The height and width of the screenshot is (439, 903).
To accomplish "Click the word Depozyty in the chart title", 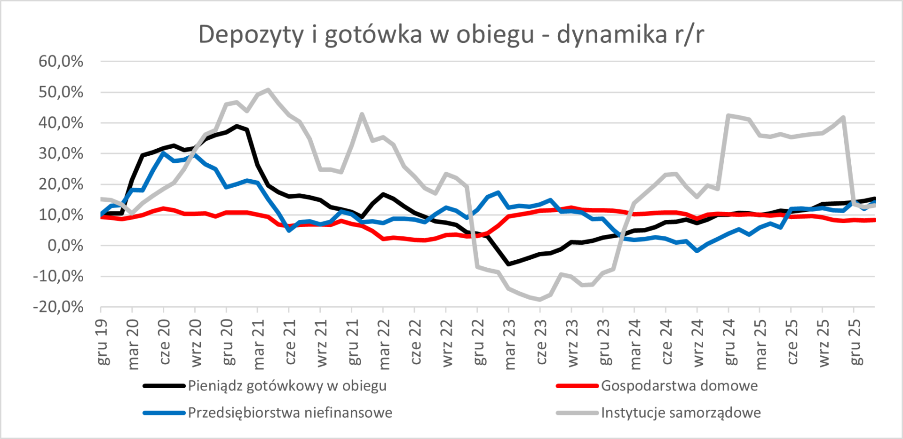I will pyautogui.click(x=251, y=35).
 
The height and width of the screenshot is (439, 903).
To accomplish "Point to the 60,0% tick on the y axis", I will pyautogui.click(x=61, y=61).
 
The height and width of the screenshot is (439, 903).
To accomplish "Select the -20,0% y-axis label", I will pyautogui.click(x=58, y=307).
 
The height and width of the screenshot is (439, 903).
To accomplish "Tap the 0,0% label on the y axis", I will pyautogui.click(x=65, y=245).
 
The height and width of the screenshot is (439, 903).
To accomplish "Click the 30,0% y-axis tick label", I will pyautogui.click(x=61, y=153).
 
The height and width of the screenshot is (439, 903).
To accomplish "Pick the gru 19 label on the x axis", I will pyautogui.click(x=102, y=342).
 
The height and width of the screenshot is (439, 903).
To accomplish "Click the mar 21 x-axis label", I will pyautogui.click(x=259, y=344).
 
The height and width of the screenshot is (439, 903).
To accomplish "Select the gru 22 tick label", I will pyautogui.click(x=479, y=342).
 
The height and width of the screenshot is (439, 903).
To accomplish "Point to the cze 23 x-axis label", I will pyautogui.click(x=541, y=342).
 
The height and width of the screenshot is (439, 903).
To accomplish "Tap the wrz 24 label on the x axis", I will pyautogui.click(x=698, y=343).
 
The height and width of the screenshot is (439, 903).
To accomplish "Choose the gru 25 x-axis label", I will pyautogui.click(x=855, y=342).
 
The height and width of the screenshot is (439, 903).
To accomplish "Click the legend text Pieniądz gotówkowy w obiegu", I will pyautogui.click(x=287, y=386).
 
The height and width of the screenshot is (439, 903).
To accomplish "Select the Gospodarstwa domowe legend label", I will pyautogui.click(x=679, y=386).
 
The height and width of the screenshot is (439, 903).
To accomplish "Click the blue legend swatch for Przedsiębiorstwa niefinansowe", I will pyautogui.click(x=164, y=413).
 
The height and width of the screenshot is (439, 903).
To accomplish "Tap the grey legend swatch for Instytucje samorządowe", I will pyautogui.click(x=577, y=413).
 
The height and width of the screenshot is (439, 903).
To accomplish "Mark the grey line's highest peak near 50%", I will pyautogui.click(x=268, y=89).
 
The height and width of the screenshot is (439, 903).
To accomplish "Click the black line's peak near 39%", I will pyautogui.click(x=237, y=126).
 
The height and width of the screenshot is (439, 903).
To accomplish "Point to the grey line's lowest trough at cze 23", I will pyautogui.click(x=540, y=299).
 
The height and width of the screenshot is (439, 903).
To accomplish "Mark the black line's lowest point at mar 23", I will pyautogui.click(x=508, y=264).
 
